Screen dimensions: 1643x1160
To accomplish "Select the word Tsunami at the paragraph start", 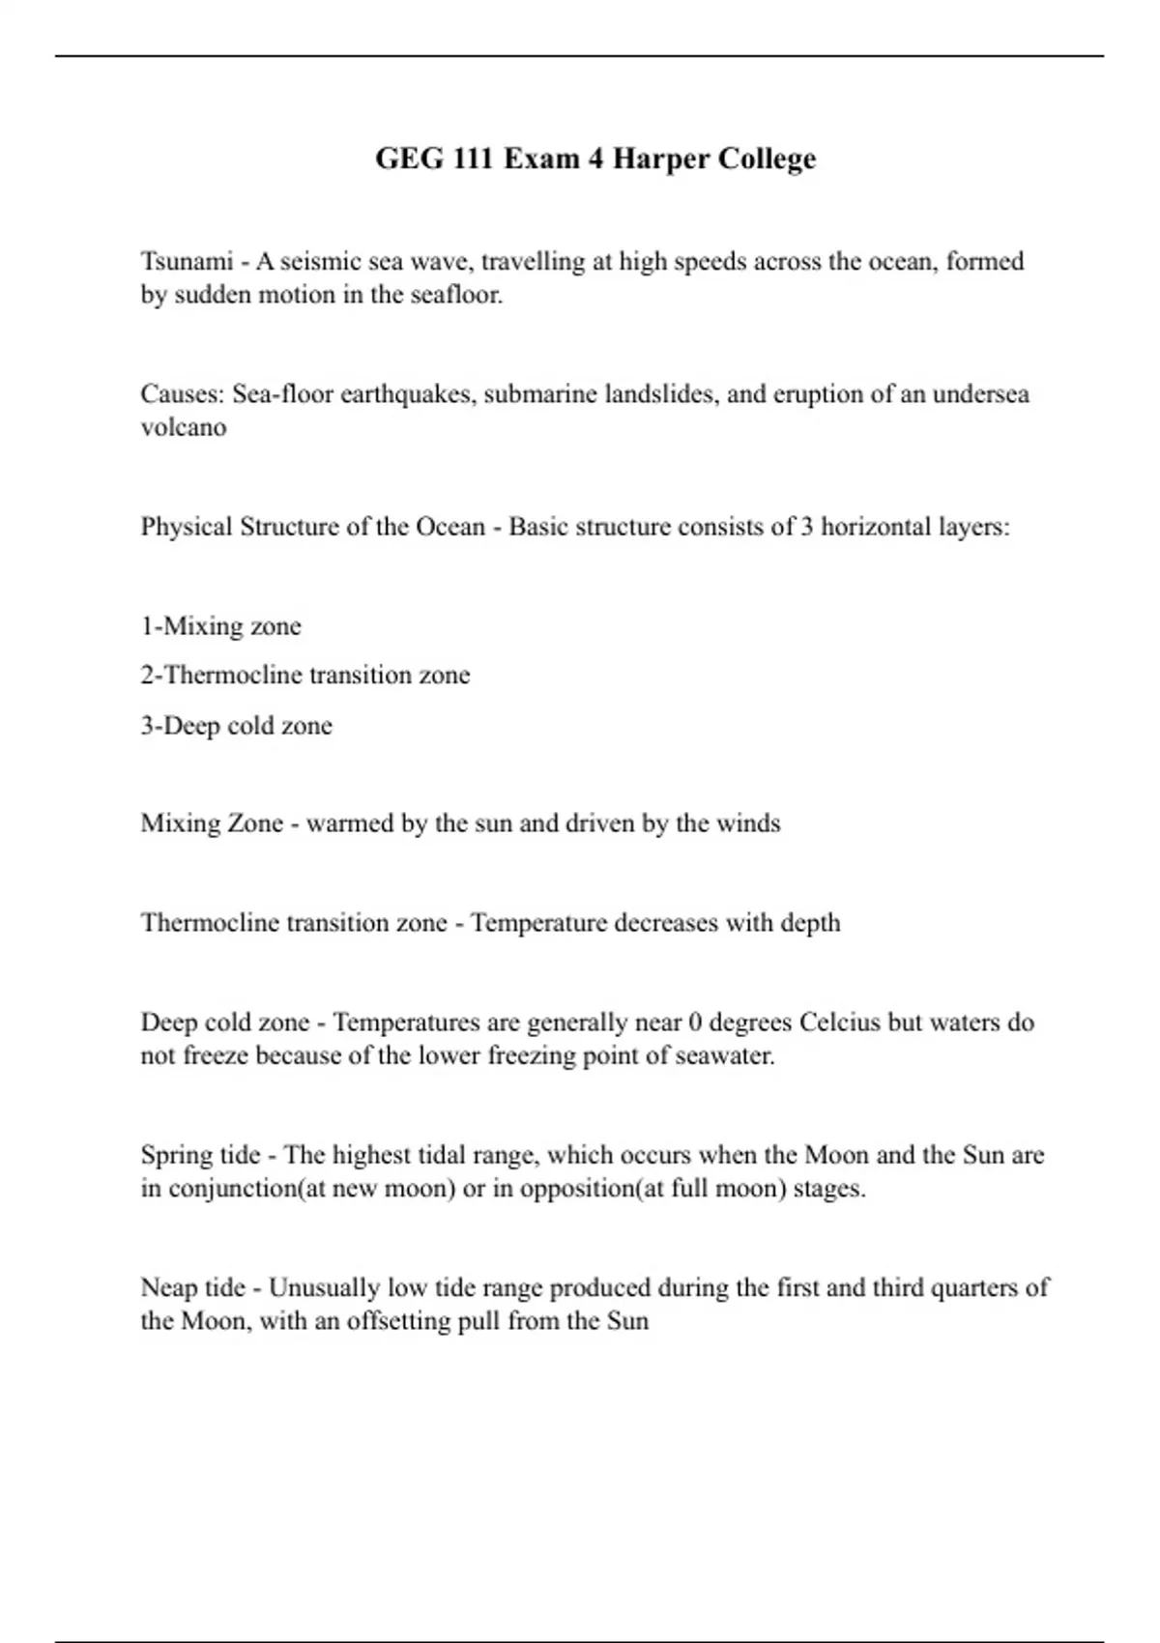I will [187, 261].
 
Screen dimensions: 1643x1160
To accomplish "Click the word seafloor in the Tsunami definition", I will [461, 295].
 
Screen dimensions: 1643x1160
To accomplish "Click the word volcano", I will [184, 427].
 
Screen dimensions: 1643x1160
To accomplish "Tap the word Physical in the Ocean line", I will [187, 527].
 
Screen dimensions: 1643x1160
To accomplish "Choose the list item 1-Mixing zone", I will [220, 626].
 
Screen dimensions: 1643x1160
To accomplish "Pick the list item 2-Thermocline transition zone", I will [304, 675].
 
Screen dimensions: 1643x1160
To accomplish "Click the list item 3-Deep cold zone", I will [236, 726].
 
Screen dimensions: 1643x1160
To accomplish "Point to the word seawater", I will [725, 1055].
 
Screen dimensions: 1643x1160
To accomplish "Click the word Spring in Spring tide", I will [174, 1155].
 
